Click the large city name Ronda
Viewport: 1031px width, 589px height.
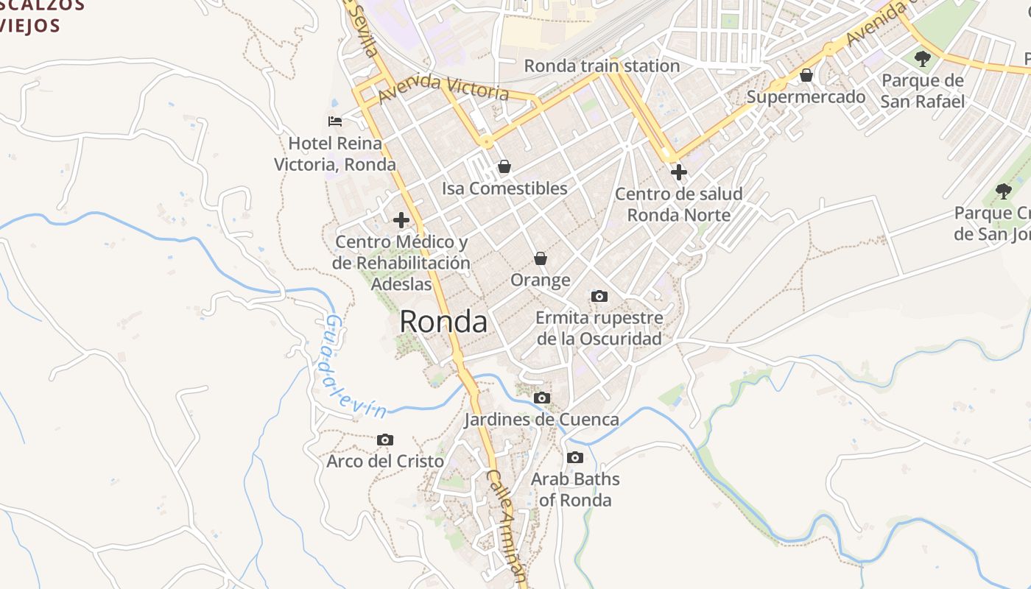pyautogui.click(x=443, y=322)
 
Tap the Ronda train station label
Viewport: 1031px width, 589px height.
pyautogui.click(x=602, y=66)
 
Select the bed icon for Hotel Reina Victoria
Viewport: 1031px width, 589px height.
pyautogui.click(x=335, y=121)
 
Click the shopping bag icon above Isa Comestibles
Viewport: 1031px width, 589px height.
pyautogui.click(x=504, y=166)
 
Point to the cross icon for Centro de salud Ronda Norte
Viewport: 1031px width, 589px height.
pyautogui.click(x=678, y=172)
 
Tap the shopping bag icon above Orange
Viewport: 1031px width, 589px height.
pyautogui.click(x=541, y=258)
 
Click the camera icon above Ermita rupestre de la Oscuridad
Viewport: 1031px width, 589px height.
pyautogui.click(x=599, y=296)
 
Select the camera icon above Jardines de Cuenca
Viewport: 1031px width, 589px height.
pyautogui.click(x=542, y=398)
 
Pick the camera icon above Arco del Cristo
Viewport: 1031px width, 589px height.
pyautogui.click(x=384, y=440)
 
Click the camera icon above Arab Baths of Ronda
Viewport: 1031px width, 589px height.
pyautogui.click(x=575, y=457)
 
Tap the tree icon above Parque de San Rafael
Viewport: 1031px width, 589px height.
pyautogui.click(x=922, y=58)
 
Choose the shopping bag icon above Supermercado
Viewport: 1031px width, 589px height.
pyautogui.click(x=806, y=75)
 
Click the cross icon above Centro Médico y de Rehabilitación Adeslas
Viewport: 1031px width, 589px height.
pyautogui.click(x=401, y=219)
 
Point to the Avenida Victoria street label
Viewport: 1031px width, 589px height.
pyautogui.click(x=443, y=86)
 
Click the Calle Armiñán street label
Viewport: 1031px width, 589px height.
pyautogui.click(x=508, y=526)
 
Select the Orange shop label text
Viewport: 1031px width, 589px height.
pyautogui.click(x=541, y=280)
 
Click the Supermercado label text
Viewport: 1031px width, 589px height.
pyautogui.click(x=806, y=96)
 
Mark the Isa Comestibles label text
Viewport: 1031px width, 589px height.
pyautogui.click(x=504, y=188)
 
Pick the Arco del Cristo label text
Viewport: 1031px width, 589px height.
pyautogui.click(x=385, y=462)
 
